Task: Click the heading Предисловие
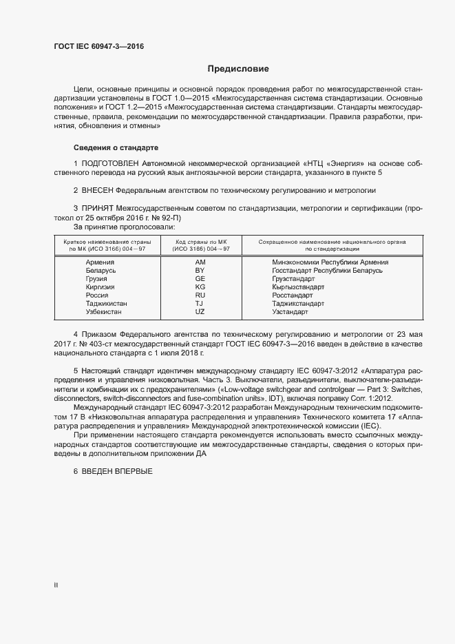(238, 69)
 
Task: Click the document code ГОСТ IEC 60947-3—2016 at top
(99, 47)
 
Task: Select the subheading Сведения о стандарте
(116, 147)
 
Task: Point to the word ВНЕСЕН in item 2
(97, 189)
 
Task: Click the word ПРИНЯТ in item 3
(98, 207)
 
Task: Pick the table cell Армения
(100, 262)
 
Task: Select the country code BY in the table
(200, 271)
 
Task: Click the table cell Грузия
(97, 279)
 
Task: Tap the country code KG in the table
(200, 287)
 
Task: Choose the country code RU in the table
(200, 295)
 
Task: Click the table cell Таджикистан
(107, 304)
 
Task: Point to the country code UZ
(200, 312)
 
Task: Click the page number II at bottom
(56, 585)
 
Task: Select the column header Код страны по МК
(202, 242)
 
